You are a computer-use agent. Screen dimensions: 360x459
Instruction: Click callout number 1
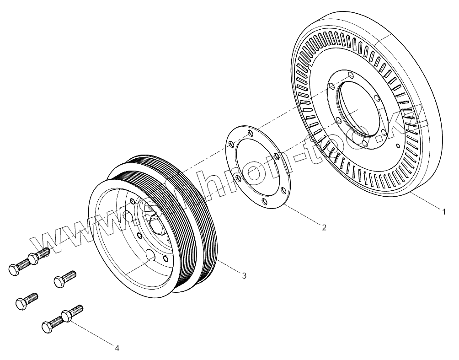[x=443, y=212]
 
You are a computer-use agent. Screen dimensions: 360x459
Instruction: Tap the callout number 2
[x=324, y=227]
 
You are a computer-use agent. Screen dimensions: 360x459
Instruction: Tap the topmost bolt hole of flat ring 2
[x=250, y=132]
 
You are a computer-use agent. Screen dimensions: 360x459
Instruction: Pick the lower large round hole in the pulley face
[x=150, y=255]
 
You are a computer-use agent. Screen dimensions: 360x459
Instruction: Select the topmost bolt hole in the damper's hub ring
[x=350, y=75]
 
